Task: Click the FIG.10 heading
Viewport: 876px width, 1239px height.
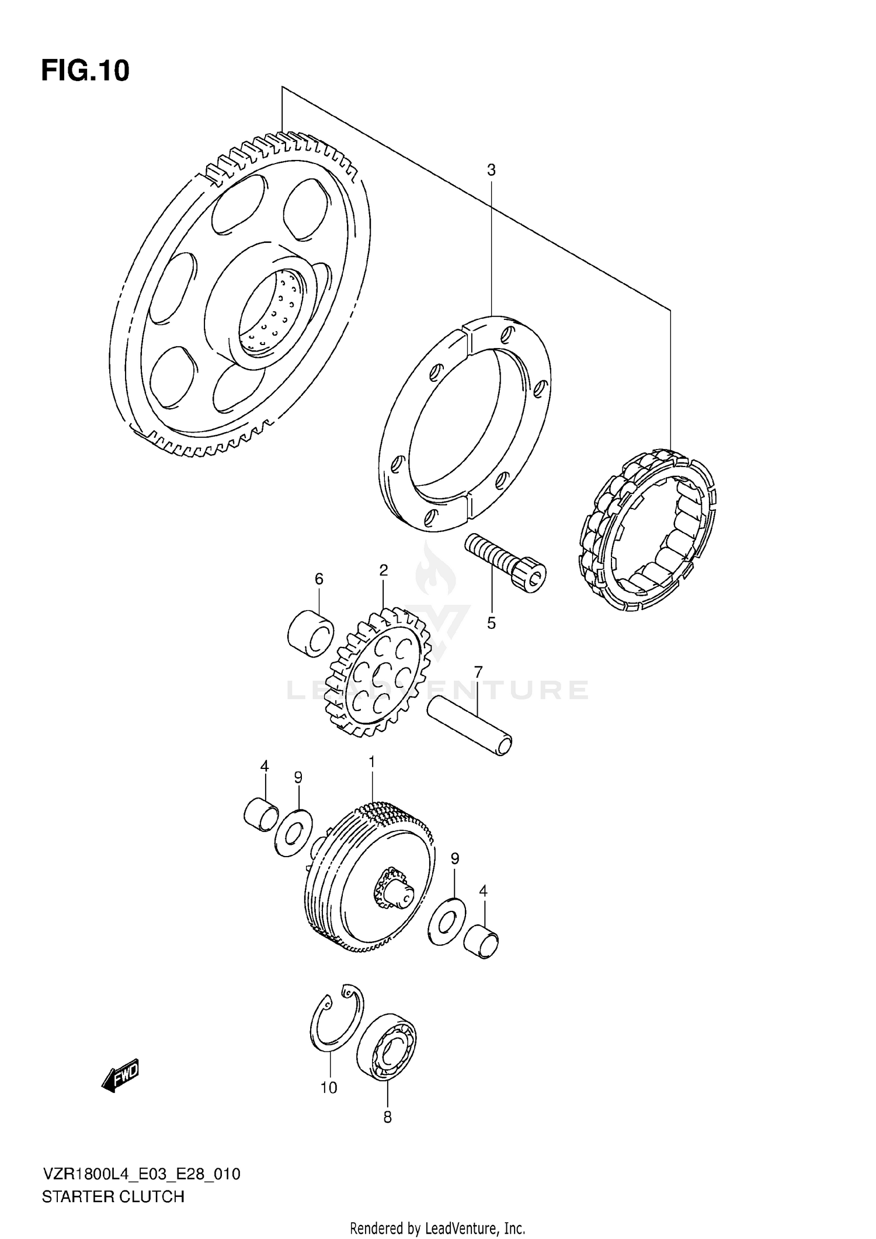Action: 85,71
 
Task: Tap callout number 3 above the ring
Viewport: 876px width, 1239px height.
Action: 491,170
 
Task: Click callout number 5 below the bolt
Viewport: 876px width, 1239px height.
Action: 491,623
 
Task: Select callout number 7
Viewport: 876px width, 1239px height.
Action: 478,672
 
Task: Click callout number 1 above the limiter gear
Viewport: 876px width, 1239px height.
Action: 371,762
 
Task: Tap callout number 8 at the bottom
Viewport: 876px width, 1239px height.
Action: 387,1117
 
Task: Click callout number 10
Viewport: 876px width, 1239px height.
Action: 329,1088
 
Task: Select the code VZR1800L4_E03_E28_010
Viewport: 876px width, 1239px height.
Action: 141,1174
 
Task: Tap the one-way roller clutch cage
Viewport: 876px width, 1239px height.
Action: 647,530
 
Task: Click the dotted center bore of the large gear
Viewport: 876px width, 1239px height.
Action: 272,313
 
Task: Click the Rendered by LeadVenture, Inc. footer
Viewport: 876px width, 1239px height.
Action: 437,1228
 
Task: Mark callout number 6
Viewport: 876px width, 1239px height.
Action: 319,579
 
